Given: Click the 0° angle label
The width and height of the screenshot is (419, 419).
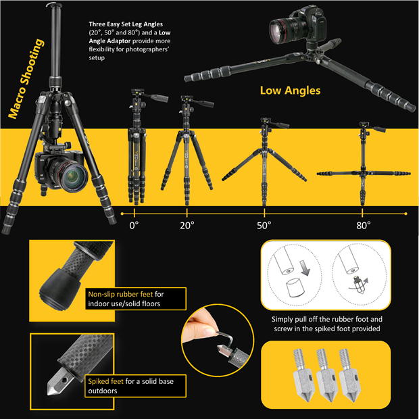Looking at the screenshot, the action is point(134,226).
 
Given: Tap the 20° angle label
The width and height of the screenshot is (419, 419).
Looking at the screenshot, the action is point(187,226).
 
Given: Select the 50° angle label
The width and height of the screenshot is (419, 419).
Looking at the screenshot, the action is point(264,226).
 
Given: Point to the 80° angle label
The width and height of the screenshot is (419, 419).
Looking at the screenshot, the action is point(363,226).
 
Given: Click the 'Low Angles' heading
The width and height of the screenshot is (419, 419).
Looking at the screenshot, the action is point(290,91).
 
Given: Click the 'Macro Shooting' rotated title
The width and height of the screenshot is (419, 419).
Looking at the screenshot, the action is point(26,78).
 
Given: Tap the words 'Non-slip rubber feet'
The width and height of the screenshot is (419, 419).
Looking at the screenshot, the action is point(120,294).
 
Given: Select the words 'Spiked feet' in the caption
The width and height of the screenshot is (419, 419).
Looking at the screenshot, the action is point(105,381).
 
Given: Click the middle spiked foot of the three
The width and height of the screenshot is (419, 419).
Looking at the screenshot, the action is point(327,374).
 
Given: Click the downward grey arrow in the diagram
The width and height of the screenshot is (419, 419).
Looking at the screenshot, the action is point(304,268).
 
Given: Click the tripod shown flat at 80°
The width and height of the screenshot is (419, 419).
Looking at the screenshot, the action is point(364,163).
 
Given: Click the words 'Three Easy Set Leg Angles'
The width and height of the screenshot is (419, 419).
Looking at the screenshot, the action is point(126,24).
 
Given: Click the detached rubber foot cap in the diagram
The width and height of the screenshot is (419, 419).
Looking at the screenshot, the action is point(295,288).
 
